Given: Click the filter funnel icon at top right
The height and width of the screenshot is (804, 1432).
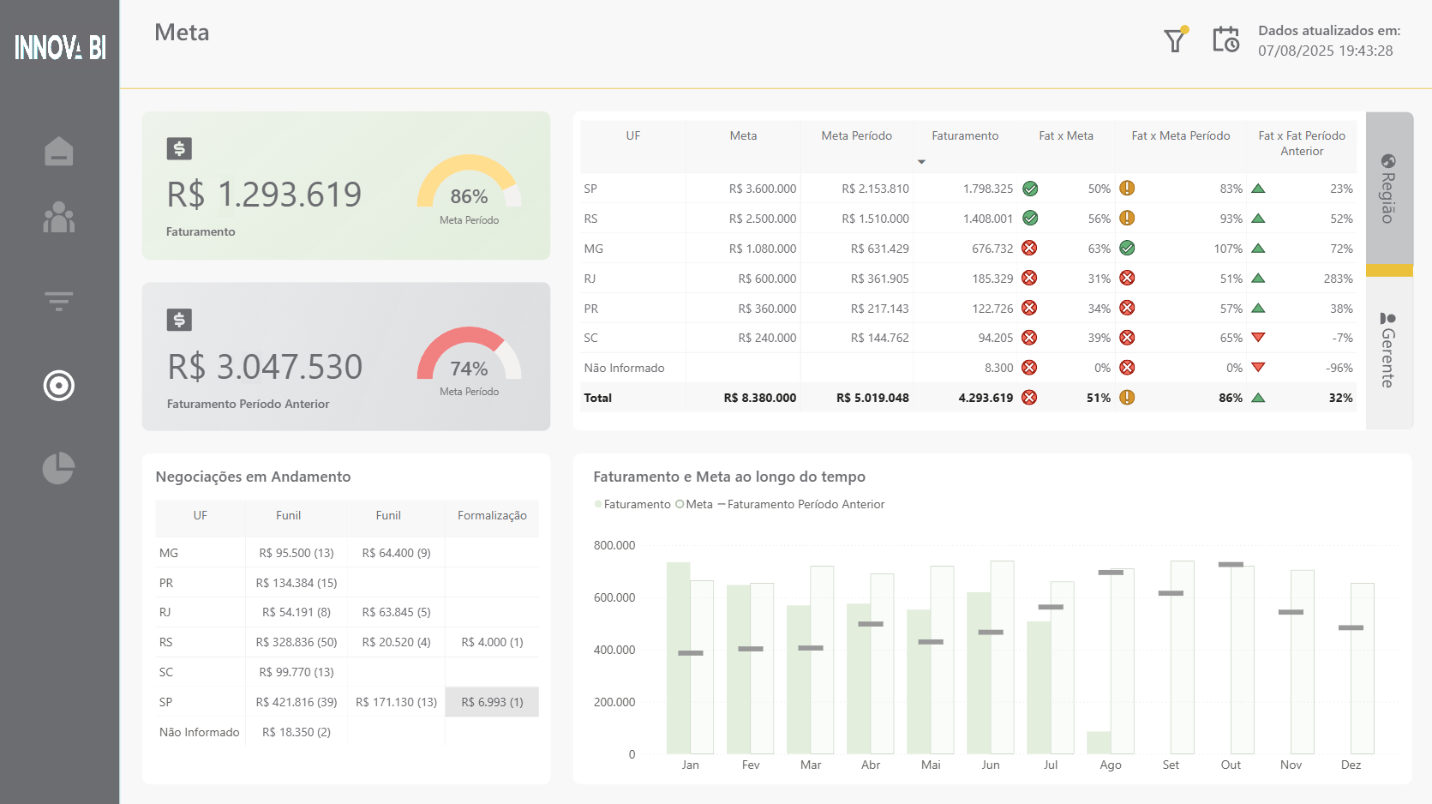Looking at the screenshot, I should click(1175, 40).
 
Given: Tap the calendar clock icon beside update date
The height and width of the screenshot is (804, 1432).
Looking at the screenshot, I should click(1225, 39).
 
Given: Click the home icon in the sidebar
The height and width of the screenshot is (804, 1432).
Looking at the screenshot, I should click(59, 152).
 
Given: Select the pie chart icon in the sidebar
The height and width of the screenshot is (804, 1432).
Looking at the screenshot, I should click(59, 468).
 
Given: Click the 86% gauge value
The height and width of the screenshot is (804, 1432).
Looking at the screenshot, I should click(469, 196).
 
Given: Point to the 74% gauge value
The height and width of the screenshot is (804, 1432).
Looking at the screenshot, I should click(469, 369).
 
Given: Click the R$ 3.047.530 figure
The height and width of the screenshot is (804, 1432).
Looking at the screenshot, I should click(265, 367).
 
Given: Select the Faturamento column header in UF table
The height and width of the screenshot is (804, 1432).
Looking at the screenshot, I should click(965, 135).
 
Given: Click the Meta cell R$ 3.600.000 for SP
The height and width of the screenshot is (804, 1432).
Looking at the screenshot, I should click(762, 189).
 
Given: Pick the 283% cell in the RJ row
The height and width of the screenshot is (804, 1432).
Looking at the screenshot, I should click(1337, 279).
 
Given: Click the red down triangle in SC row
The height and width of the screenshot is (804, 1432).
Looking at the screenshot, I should click(1258, 338).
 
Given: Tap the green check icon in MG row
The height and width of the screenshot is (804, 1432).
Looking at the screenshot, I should click(1127, 249).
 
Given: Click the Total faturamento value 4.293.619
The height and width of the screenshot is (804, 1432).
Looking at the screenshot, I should click(986, 398).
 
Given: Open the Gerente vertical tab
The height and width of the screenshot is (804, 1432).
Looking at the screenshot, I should click(1388, 351).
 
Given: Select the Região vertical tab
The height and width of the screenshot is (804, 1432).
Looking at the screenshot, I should click(1388, 189).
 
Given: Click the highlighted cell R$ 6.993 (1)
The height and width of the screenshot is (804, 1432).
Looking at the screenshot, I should click(492, 702).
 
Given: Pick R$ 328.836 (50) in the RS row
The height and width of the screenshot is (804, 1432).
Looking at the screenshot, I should click(297, 642).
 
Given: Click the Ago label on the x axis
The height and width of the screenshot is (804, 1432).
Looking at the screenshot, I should click(1111, 765).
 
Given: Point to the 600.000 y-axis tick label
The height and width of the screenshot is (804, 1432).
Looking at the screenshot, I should click(614, 597).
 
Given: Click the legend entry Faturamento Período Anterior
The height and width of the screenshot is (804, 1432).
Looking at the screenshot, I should click(806, 504).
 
